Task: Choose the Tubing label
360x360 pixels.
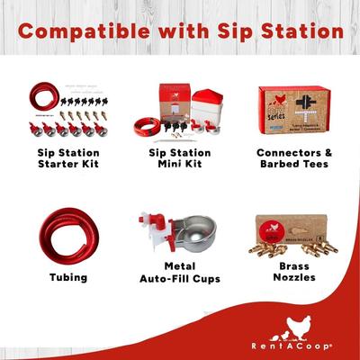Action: point(68,277)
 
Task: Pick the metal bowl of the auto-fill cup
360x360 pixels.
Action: point(197,248)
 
